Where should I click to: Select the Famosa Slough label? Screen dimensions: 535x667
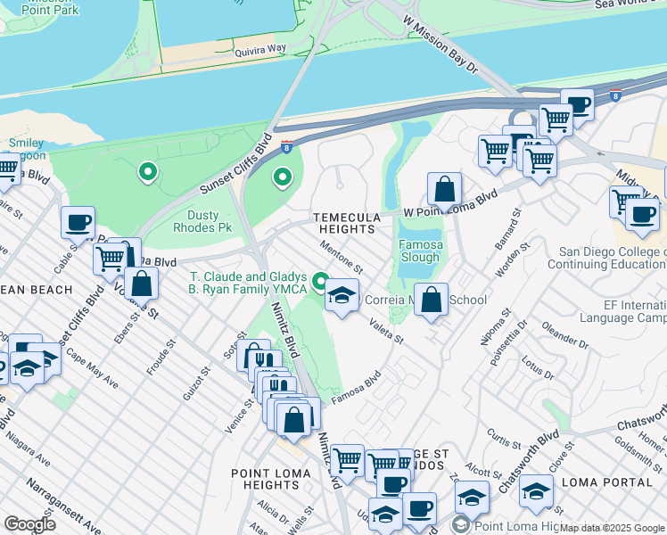coord(421,251)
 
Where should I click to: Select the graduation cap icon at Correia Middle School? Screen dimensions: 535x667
coord(342,296)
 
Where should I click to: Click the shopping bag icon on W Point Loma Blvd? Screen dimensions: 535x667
coord(444,190)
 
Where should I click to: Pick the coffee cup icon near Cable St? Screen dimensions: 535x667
coord(78,222)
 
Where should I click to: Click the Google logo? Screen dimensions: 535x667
coord(30,524)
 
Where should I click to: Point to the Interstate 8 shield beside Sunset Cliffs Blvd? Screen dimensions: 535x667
coord(286,145)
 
